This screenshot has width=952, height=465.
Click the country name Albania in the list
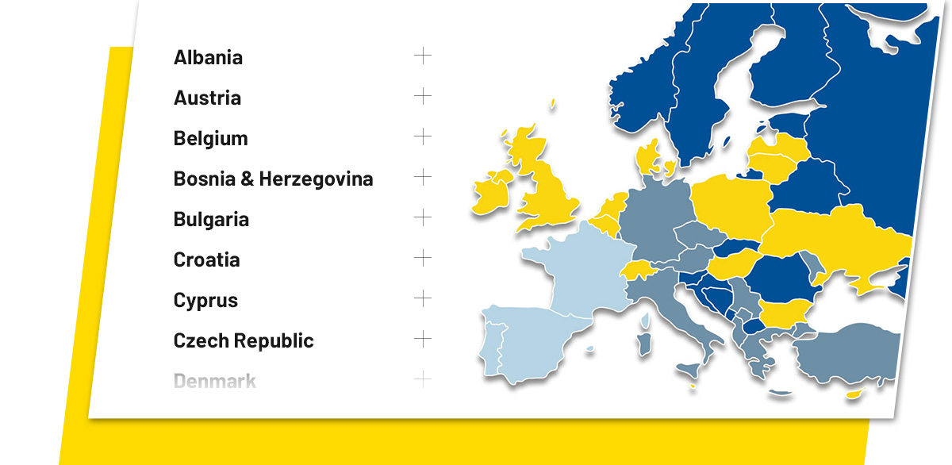tap(208, 57)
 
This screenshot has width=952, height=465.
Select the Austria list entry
tap(207, 98)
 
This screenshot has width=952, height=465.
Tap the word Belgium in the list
tap(210, 138)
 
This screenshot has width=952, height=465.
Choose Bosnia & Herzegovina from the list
tap(273, 179)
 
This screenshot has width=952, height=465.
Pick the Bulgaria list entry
tap(211, 219)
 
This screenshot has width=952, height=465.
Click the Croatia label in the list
tap(206, 259)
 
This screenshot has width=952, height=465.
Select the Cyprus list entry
tap(205, 300)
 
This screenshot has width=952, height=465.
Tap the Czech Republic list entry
tap(244, 340)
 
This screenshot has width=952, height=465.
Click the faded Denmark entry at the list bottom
tap(214, 381)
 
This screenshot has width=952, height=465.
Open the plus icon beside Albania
tap(423, 56)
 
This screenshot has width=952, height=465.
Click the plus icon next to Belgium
tap(423, 136)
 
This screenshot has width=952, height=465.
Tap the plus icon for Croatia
tap(423, 258)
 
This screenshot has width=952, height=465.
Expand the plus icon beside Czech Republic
tap(423, 339)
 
